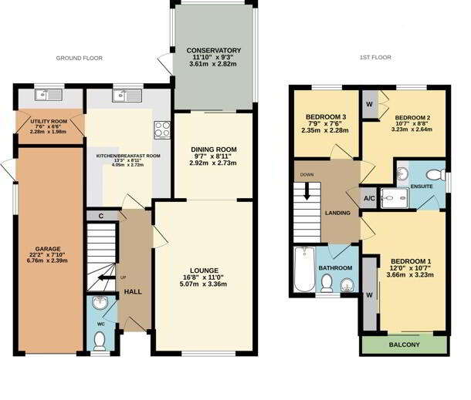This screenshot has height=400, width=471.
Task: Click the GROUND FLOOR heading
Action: pos(80,59)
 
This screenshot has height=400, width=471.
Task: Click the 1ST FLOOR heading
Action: pos(374,59)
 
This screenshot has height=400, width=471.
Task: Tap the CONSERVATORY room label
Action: pos(214,51)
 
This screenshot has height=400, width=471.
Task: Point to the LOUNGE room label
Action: pos(203,270)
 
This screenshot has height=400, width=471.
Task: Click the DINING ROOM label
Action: pos(213,149)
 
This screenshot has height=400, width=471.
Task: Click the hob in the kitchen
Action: pos(161,129)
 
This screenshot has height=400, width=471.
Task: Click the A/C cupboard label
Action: pos(369,197)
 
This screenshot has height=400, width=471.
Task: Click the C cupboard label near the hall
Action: pos(101,216)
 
